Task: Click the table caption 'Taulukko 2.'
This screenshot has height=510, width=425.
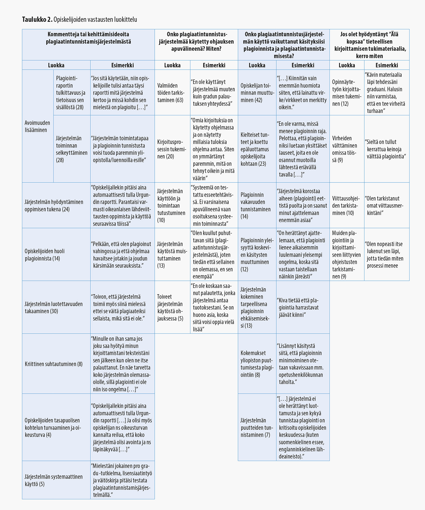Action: pos(37,20)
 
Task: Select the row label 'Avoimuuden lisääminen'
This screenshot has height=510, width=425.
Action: pos(37,126)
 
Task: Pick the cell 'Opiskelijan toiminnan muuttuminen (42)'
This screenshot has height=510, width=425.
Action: pos(257,93)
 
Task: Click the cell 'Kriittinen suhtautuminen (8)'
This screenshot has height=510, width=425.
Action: pos(54,364)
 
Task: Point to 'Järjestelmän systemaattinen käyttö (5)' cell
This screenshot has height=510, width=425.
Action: pos(54,480)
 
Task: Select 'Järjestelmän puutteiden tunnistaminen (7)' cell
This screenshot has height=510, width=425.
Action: pos(256,428)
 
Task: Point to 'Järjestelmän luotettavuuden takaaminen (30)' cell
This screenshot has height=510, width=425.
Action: pos(54,307)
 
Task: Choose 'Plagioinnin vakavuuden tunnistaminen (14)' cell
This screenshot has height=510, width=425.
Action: pos(256,206)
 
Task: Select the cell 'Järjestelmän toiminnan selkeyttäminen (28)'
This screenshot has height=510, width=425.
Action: pos(72,149)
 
